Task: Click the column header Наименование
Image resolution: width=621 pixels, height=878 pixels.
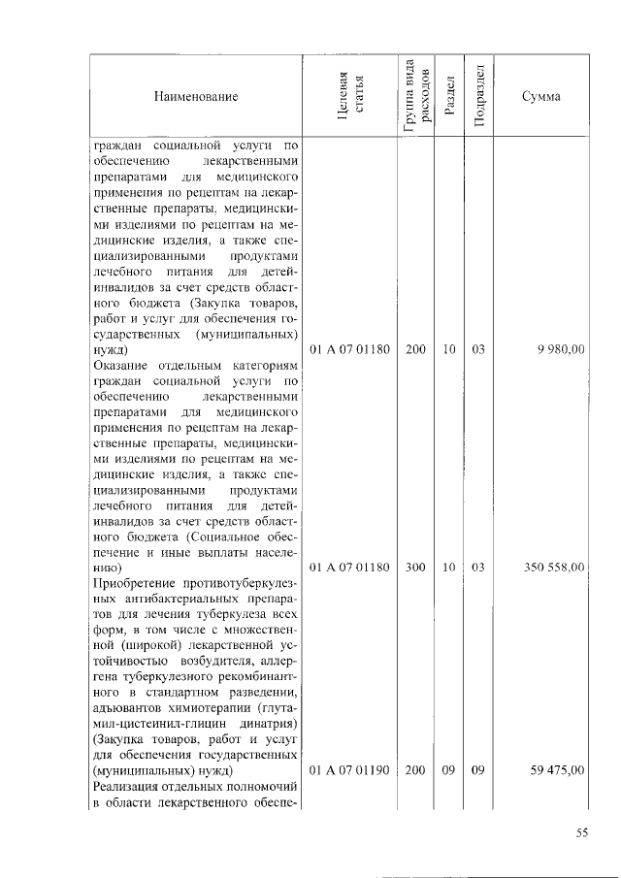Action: pos(195,96)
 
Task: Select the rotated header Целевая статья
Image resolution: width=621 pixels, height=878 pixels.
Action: pos(349,97)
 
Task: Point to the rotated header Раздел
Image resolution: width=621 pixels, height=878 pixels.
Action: pos(449,97)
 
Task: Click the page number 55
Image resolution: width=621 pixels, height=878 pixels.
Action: pos(582,832)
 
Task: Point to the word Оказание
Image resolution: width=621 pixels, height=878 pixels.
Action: pos(120,365)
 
